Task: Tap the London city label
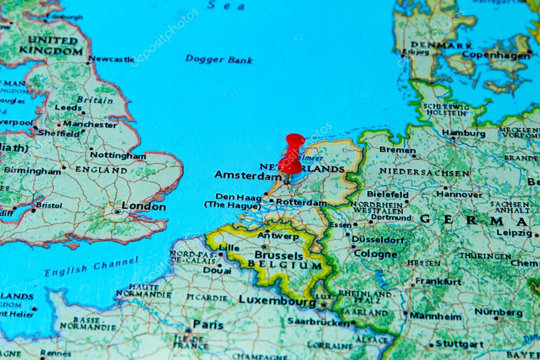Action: click(144, 206)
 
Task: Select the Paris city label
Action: click(208, 324)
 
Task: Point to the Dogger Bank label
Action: click(219, 59)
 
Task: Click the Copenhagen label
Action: click(496, 55)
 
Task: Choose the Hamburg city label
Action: click(463, 134)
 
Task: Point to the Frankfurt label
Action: click(438, 281)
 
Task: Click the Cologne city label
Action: click(375, 254)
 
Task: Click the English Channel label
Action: click(91, 267)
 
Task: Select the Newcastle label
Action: click(111, 59)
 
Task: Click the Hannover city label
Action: click(459, 194)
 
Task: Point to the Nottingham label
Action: click(118, 156)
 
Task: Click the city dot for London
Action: click(117, 211)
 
